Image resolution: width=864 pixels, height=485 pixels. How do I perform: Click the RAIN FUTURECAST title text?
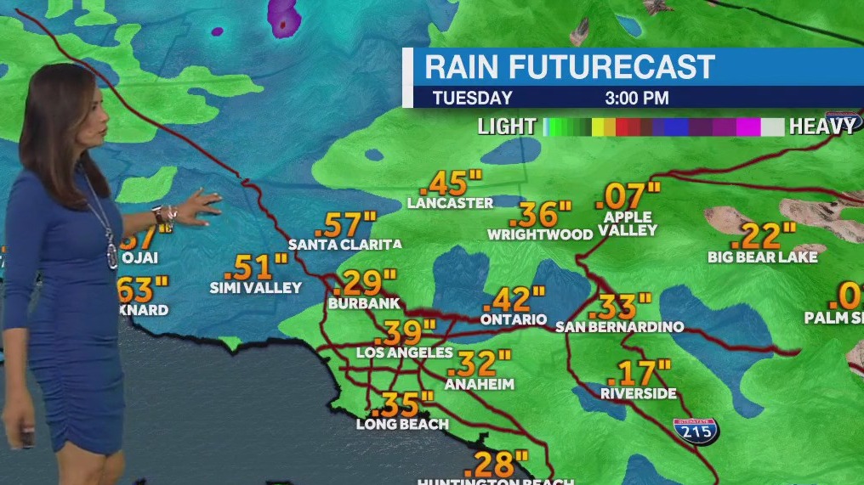click(570, 66)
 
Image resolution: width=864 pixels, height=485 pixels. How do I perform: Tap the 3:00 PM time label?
click(636, 98)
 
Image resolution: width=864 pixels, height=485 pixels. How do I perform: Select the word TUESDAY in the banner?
click(472, 98)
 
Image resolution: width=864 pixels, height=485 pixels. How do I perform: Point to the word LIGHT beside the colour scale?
click(507, 127)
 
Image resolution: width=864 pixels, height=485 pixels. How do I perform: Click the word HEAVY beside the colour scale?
click(822, 127)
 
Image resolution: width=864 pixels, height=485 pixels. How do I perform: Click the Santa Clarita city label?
click(344, 245)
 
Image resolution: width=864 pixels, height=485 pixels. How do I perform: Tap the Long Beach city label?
click(402, 424)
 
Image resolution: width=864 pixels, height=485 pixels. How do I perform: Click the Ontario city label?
click(513, 319)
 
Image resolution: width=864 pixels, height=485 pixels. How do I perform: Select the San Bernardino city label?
click(619, 326)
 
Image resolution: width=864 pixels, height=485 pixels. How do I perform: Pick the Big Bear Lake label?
click(763, 257)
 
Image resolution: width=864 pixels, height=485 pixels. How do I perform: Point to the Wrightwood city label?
click(540, 234)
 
